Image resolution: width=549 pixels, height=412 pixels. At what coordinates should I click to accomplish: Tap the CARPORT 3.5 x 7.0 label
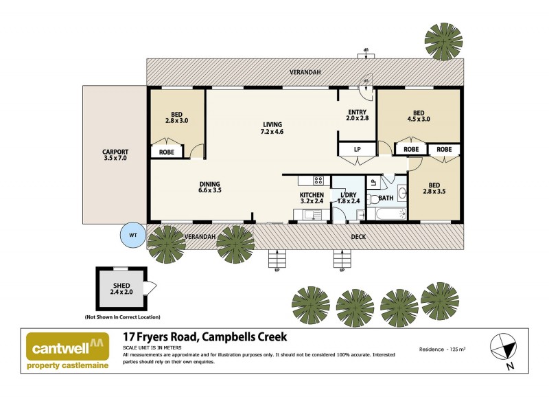[115, 155]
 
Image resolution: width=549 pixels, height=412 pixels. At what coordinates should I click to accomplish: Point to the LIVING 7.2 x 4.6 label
[272, 128]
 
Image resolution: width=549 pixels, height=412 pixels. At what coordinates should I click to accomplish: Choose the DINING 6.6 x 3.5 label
[210, 187]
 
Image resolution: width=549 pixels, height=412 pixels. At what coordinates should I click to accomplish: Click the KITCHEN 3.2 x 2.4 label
[311, 198]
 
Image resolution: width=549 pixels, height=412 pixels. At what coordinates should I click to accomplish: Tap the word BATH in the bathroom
[386, 198]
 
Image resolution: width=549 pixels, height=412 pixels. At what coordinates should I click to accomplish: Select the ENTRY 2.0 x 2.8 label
[358, 115]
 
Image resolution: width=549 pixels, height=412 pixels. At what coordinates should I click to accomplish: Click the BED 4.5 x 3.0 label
[419, 115]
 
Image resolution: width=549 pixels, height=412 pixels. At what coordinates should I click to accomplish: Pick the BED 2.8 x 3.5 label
[435, 188]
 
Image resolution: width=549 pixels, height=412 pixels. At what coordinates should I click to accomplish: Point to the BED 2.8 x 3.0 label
[176, 117]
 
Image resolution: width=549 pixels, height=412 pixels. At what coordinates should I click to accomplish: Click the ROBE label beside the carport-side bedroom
[167, 151]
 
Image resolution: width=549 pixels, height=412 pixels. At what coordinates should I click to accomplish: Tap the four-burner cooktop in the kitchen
[318, 181]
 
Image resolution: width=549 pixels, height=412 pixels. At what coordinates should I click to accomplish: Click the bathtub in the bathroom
[387, 214]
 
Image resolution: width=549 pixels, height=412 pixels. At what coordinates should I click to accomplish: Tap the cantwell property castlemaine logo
[67, 351]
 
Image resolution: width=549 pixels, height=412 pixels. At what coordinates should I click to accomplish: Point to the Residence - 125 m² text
[443, 349]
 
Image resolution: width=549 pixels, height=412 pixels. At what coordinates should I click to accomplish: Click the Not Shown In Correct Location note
[122, 317]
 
